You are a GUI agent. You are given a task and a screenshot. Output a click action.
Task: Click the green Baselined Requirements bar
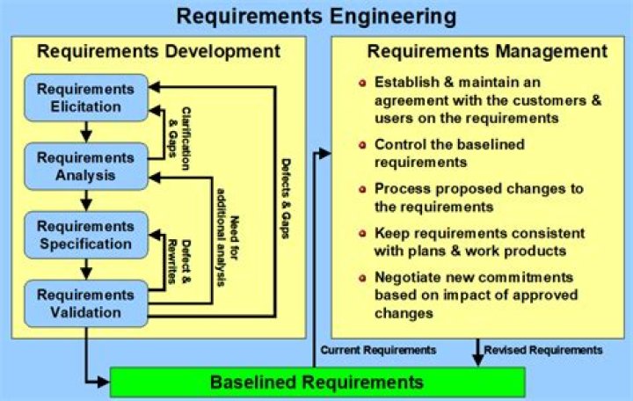(316, 383)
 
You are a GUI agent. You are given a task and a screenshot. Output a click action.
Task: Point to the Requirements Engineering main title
(316, 17)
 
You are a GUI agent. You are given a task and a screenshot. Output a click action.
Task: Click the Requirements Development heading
(158, 51)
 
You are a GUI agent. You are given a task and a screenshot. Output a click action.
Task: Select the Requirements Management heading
(474, 51)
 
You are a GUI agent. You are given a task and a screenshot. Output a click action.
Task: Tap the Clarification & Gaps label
(181, 132)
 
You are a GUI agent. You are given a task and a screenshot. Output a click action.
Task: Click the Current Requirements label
(378, 350)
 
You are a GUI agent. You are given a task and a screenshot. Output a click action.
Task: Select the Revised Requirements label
(543, 350)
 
